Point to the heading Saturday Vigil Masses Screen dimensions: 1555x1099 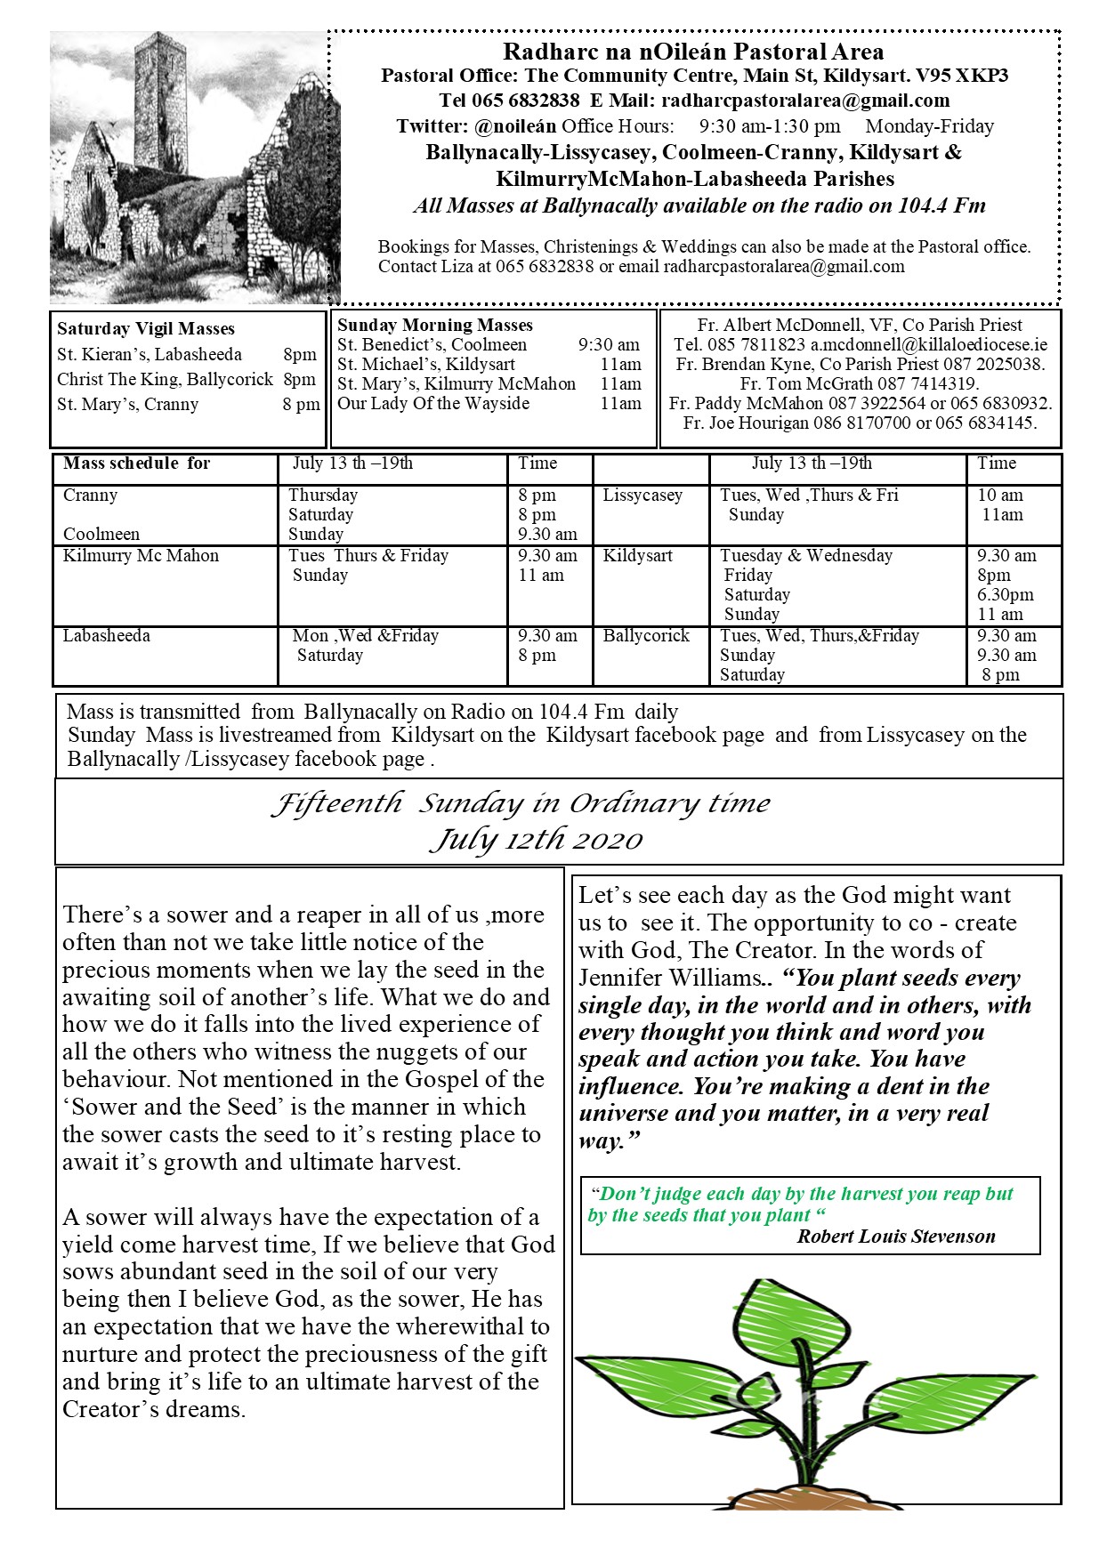[146, 329]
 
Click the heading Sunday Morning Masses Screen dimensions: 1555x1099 [435, 326]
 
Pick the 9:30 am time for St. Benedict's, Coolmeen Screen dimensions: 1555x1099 [609, 345]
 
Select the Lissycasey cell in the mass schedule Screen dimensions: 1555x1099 [642, 496]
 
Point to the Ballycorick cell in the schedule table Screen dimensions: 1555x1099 [646, 636]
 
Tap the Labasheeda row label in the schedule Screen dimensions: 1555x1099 [107, 636]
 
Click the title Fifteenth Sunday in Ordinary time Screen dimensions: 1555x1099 [521, 803]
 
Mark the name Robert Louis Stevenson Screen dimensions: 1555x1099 [896, 1237]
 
